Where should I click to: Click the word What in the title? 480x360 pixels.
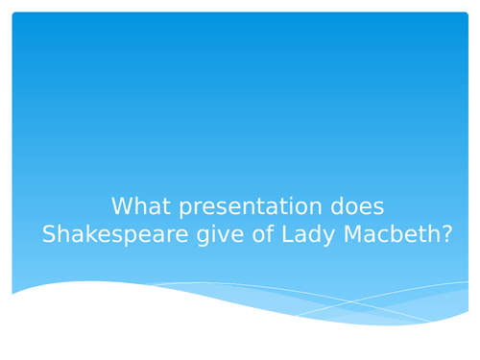coord(136,206)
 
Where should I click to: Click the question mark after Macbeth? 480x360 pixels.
coord(444,235)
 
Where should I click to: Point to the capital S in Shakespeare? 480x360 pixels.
coord(49,235)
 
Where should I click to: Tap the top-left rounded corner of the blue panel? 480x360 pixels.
coord(14,14)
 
